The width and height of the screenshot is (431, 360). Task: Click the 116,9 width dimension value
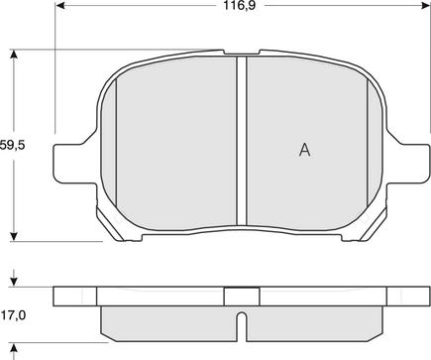coord(240,5)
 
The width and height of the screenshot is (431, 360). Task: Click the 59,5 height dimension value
coord(12,145)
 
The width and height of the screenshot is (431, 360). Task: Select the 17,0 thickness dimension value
coord(13,315)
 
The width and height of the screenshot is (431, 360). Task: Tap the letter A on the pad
coord(304,150)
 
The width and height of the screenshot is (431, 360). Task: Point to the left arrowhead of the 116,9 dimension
coord(59,5)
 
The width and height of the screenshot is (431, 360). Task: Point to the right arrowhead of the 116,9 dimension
coord(425,5)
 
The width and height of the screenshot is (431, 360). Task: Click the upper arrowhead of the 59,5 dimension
coord(13,55)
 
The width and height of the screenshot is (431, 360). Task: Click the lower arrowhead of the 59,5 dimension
coord(13,236)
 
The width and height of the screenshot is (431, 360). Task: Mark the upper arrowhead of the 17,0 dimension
coord(13,282)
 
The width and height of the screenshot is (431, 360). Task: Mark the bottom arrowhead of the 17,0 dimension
coord(13,348)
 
